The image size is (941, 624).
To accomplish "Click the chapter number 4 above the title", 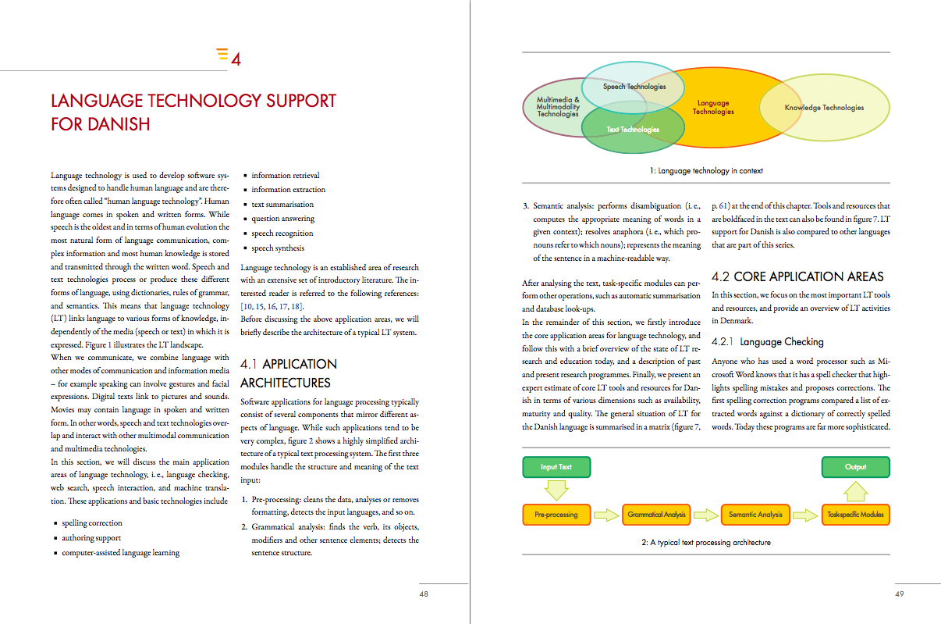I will [235, 58].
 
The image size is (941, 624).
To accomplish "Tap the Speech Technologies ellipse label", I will [634, 87].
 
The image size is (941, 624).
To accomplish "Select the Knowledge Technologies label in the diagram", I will [824, 108].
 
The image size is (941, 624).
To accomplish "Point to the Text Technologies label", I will [633, 130].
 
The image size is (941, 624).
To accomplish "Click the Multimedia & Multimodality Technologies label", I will [558, 107].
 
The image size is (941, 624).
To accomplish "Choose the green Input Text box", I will [556, 467].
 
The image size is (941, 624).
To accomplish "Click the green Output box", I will [855, 467].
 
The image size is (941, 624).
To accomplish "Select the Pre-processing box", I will [556, 515].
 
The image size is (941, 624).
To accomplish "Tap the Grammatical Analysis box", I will [656, 515].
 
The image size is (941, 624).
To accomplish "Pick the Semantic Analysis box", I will [755, 515].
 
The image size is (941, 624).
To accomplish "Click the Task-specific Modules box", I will [855, 515].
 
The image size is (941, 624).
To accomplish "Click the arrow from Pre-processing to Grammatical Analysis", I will [605, 515].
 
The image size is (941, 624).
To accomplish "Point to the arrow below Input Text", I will [556, 490].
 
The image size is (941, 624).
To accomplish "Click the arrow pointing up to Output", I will [855, 490].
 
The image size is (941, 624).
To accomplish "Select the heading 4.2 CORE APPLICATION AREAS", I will [797, 276].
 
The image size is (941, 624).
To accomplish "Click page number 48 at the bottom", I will [424, 594].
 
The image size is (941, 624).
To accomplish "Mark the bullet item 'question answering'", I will [282, 219].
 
